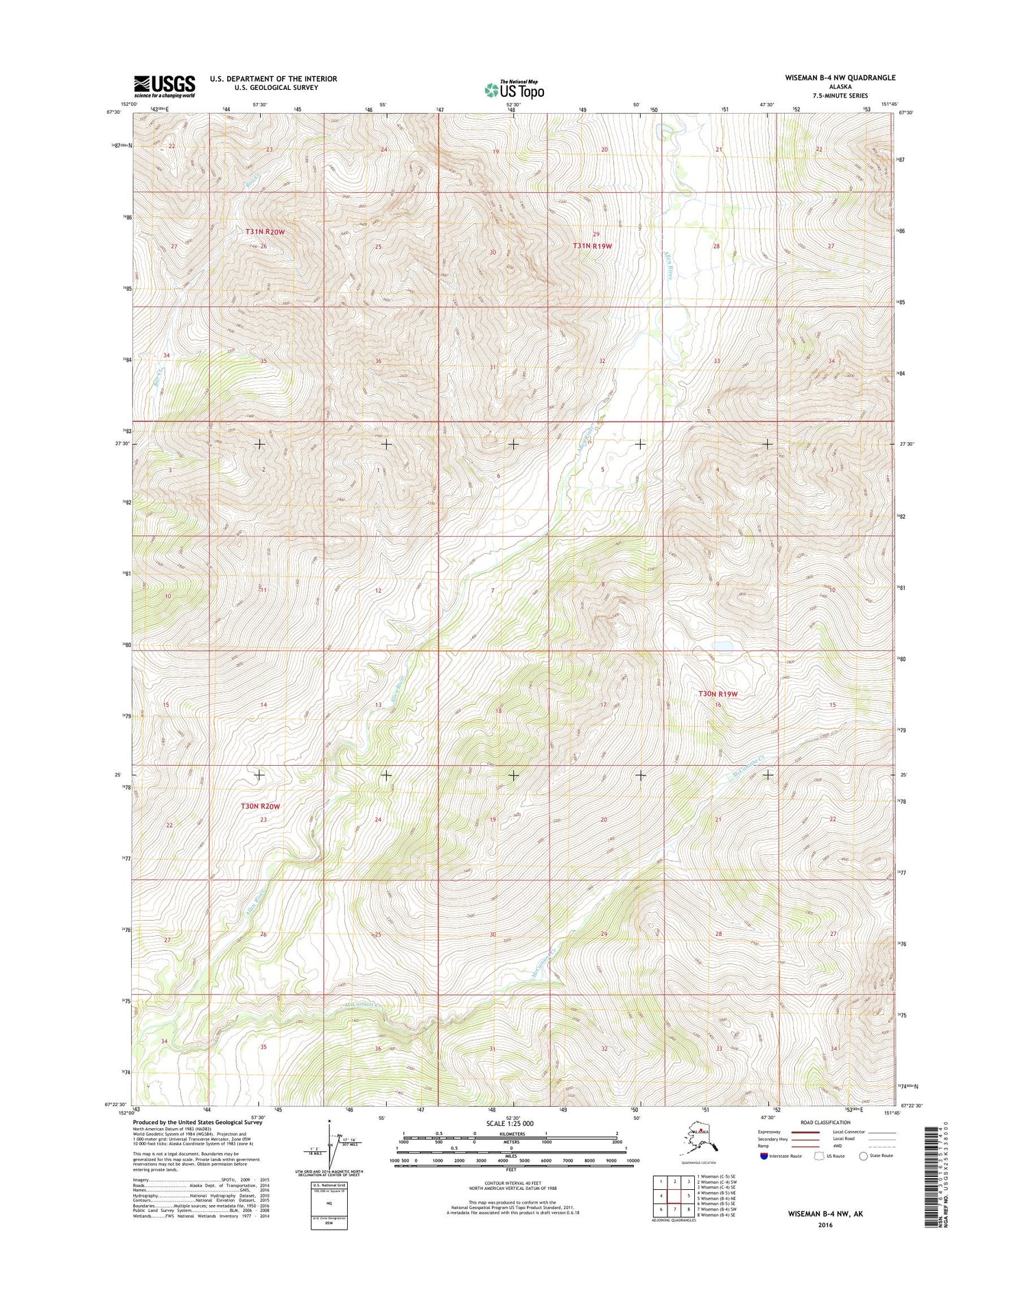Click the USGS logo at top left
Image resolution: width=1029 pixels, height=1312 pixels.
click(165, 86)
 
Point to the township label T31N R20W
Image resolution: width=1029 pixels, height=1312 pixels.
click(265, 232)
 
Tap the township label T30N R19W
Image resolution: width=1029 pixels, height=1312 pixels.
click(718, 694)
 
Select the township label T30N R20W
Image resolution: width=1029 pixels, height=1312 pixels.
click(261, 806)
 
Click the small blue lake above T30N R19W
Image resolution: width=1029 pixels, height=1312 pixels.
click(722, 646)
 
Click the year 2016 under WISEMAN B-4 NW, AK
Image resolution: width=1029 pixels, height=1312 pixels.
click(825, 1225)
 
